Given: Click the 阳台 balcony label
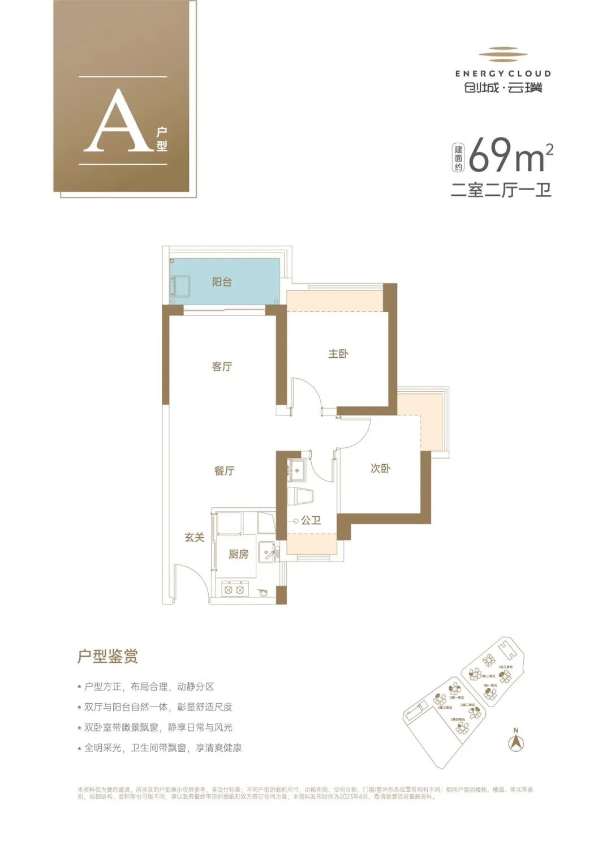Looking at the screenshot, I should coord(222,282).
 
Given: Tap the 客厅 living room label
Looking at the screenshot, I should coord(222,367).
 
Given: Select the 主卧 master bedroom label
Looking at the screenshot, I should coord(338,354).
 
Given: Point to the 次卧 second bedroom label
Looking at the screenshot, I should coord(380,469).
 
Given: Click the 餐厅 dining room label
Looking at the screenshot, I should coord(224,470).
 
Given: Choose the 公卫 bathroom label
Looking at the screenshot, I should coord(311,520).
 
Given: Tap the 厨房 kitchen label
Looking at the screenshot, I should coord(238,554).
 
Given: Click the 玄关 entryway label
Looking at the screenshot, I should coord(194,537).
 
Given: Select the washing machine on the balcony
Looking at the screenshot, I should coord(182,285).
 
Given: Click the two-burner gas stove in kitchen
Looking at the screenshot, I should coord(234,590).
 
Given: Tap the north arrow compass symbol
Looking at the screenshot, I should coord(515,742).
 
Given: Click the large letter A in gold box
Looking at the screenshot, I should coord(116,122).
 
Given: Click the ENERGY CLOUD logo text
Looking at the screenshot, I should coord(502,74).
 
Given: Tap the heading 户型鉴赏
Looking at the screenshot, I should coord(107,657).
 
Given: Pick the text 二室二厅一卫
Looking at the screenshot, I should coord(501,190).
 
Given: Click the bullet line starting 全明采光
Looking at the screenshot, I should coord(162,748).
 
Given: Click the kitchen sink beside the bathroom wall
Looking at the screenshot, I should coord(266,552).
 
